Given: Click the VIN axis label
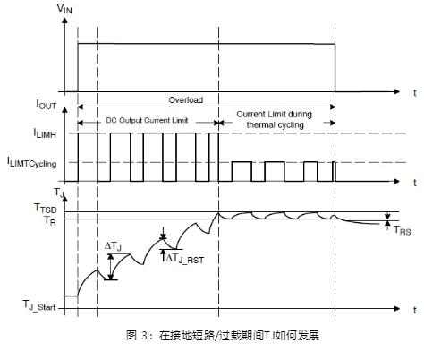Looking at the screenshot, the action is (64, 9).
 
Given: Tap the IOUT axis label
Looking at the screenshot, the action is (47, 105).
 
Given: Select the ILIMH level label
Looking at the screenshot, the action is (45, 133).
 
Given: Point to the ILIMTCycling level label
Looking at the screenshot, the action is (32, 162).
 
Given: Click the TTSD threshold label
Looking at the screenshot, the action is (46, 208).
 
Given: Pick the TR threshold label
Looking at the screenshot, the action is (50, 220).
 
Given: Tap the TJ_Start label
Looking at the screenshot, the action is (39, 305).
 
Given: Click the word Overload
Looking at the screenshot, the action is (186, 99).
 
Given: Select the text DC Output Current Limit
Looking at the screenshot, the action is (147, 120).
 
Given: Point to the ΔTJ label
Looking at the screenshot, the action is (113, 246).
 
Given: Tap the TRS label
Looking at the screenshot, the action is (403, 230).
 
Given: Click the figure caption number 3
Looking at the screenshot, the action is (144, 335).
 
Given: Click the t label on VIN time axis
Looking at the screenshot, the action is (415, 93).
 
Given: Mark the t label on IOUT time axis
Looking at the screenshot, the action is (415, 183).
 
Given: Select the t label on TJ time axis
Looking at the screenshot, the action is (415, 310).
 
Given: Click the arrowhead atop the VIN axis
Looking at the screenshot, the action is (64, 21).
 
